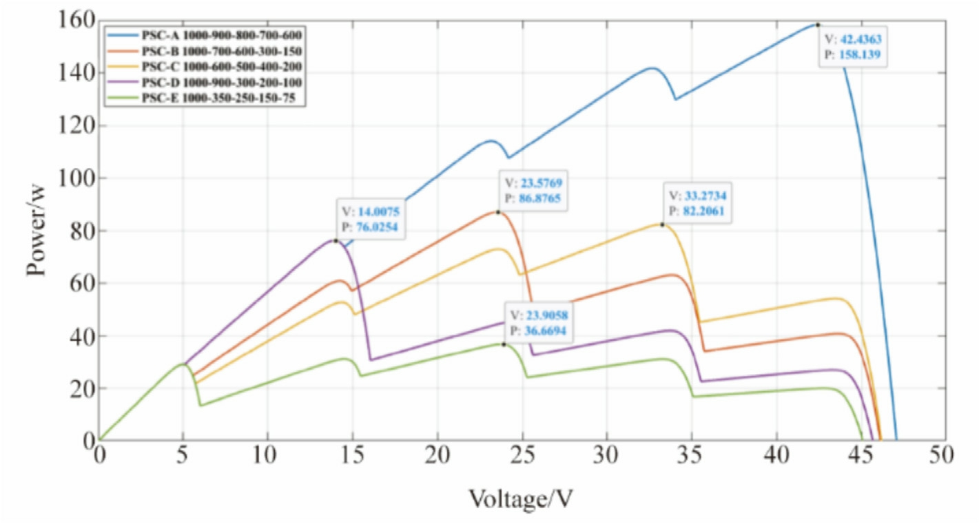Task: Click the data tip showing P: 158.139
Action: pyautogui.click(x=852, y=46)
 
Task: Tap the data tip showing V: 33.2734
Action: pyautogui.click(x=697, y=202)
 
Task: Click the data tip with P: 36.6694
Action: pyautogui.click(x=539, y=322)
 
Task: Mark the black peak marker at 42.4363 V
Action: pyautogui.click(x=818, y=25)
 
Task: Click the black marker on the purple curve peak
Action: pyautogui.click(x=336, y=240)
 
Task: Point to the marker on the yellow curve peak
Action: pyautogui.click(x=663, y=224)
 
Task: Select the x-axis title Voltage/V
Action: pyautogui.click(x=521, y=498)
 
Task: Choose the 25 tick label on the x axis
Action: pyautogui.click(x=522, y=455)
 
